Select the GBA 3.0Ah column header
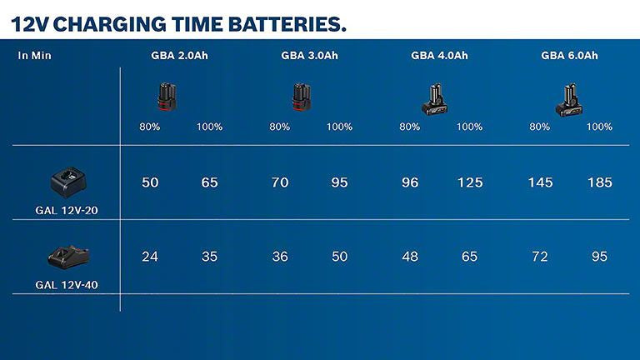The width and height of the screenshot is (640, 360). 309,56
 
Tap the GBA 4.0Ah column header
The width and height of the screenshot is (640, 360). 439,56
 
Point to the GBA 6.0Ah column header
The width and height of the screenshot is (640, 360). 569,56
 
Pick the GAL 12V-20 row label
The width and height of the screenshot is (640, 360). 67,211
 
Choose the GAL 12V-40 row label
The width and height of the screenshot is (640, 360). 67,284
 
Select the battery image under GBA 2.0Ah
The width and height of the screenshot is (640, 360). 167,98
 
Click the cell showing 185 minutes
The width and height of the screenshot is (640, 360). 599,182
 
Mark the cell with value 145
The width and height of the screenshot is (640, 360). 539,182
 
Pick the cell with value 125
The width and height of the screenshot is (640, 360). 469,182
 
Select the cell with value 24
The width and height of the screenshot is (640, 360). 150,257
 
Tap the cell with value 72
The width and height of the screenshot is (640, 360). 540,257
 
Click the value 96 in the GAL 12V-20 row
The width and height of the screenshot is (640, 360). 410,182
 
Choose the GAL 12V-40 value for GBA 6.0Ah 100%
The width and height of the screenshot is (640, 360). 599,257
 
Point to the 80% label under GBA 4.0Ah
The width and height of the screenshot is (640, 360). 410,127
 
